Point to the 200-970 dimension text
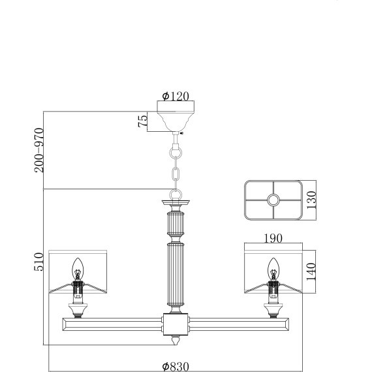click(x=39, y=150)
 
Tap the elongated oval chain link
click(x=176, y=175)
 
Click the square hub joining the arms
click(x=176, y=324)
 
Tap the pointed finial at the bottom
click(x=176, y=340)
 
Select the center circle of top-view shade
click(x=273, y=200)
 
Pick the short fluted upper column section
click(x=176, y=225)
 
